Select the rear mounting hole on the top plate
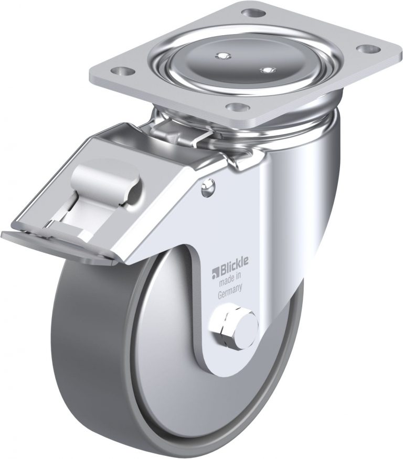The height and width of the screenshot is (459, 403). tap(253, 13)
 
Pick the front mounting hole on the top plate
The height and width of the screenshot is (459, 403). tap(237, 108)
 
